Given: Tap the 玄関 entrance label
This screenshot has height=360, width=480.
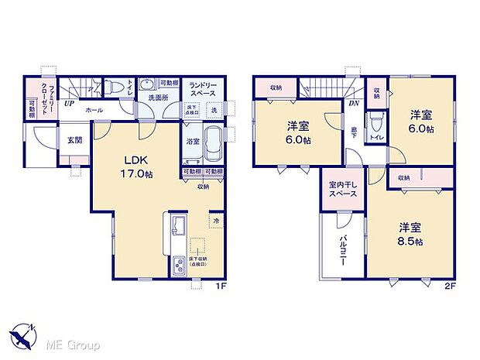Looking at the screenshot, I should tap(74, 140).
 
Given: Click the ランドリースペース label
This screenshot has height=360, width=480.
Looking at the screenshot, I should tap(207, 89).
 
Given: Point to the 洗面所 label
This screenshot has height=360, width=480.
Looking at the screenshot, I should tap(159, 98).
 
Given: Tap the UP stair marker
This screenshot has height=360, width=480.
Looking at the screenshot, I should tap(70, 102).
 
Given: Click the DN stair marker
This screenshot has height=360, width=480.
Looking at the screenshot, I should tap(352, 103).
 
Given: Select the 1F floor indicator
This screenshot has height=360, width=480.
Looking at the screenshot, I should tap(221, 286).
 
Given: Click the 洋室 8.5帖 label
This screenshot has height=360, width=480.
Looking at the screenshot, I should tap(411, 235).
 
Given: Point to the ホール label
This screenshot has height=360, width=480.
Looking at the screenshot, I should tap(94, 111).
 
